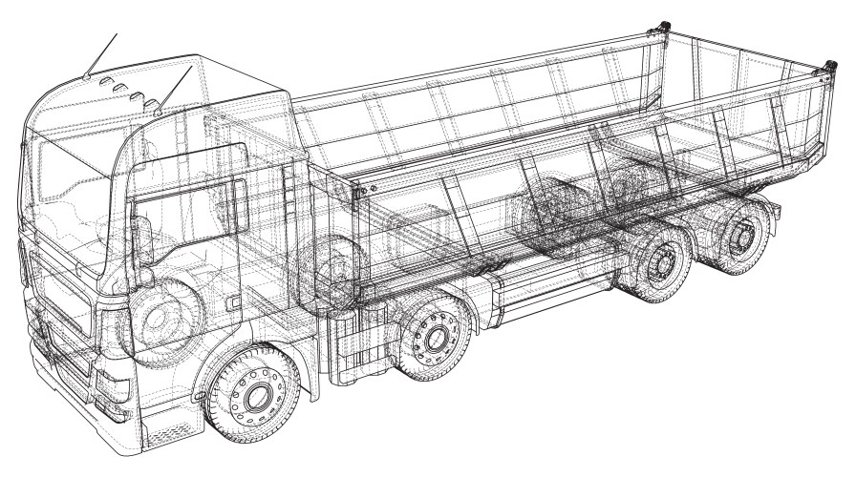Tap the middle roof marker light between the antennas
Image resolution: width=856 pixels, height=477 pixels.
pyautogui.click(x=121, y=89)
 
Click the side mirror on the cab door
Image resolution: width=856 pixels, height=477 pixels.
pyautogui.click(x=143, y=238)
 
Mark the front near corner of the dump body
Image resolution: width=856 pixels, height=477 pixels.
pyautogui.click(x=359, y=191)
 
